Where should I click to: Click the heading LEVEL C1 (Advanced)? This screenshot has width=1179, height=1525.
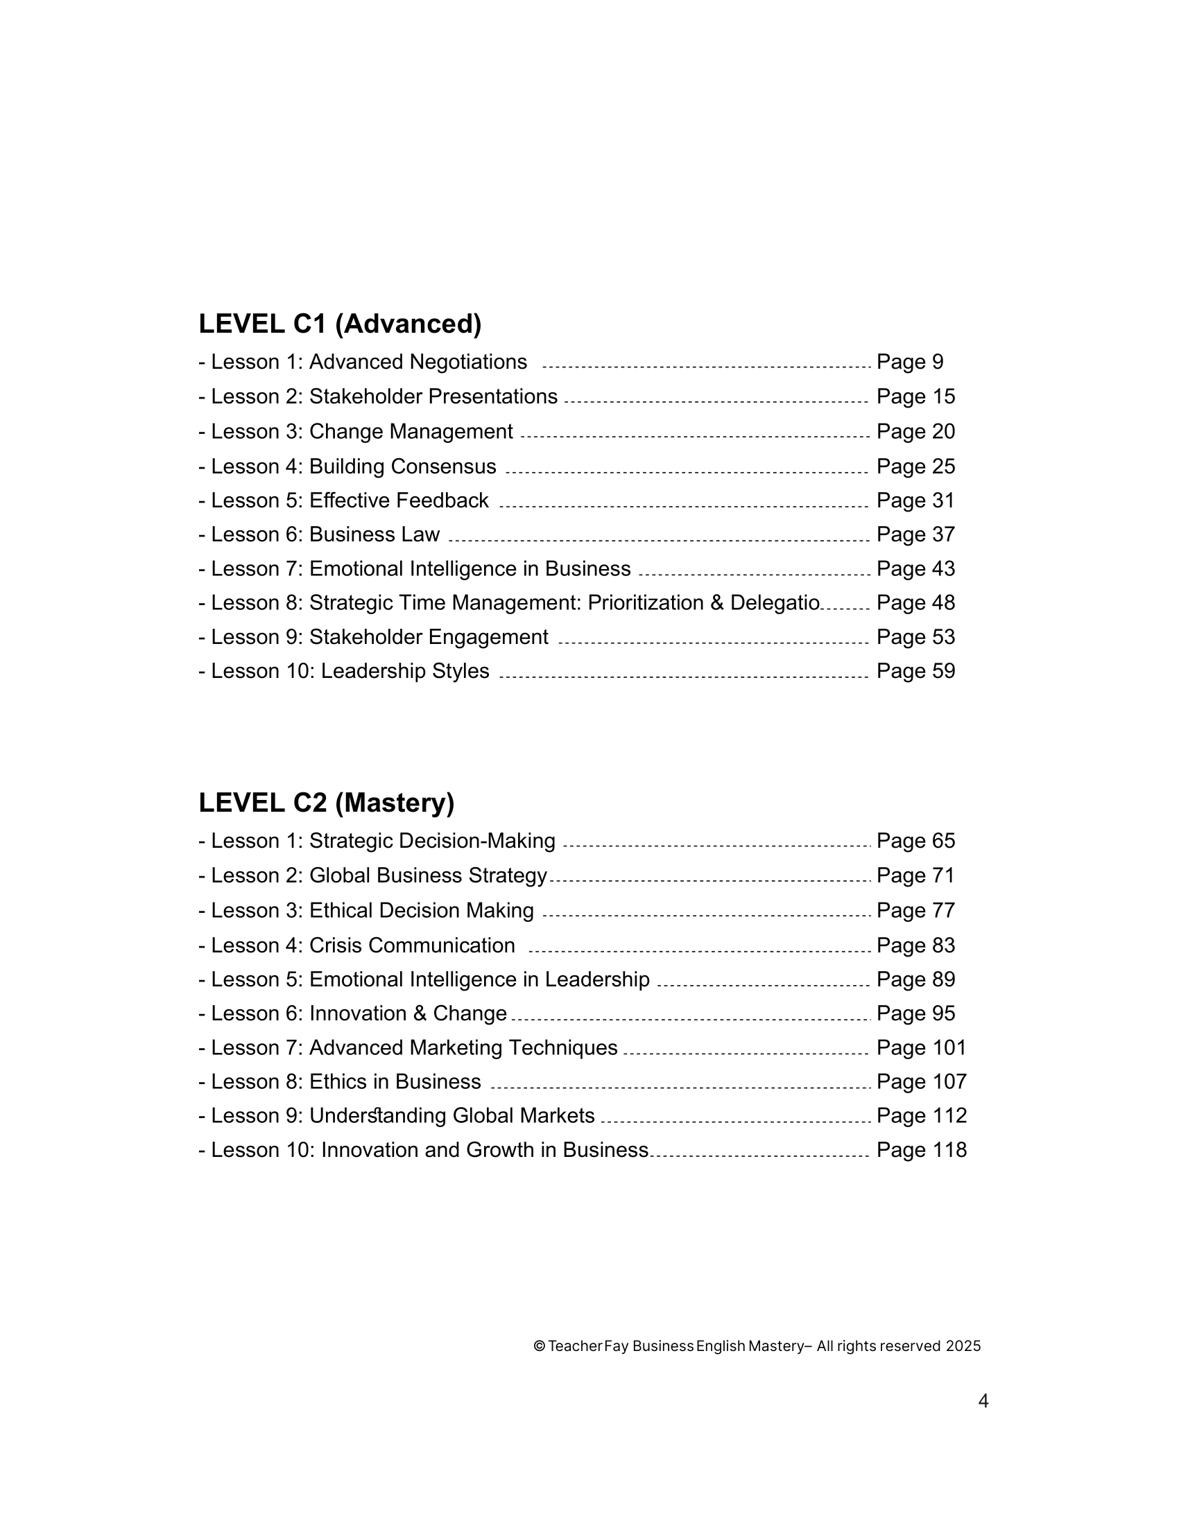pyautogui.click(x=340, y=324)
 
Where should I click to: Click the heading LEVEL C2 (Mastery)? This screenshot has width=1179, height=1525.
pyautogui.click(x=326, y=803)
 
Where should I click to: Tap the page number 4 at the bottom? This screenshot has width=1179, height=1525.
pyautogui.click(x=983, y=1402)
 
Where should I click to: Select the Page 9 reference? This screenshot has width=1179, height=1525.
pyautogui.click(x=909, y=362)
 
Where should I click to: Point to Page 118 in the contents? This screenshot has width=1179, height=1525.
pyautogui.click(x=921, y=1150)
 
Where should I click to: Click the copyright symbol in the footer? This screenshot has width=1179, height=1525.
pyautogui.click(x=539, y=1346)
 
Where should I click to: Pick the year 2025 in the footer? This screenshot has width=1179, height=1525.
pyautogui.click(x=963, y=1346)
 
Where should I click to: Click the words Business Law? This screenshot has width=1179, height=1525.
pyautogui.click(x=375, y=534)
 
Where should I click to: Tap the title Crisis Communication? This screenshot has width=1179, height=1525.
pyautogui.click(x=412, y=946)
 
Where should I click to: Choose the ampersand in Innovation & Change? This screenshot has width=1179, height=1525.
pyautogui.click(x=419, y=1014)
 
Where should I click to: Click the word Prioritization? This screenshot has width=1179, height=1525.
pyautogui.click(x=646, y=602)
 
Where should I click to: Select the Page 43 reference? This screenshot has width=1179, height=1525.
pyautogui.click(x=915, y=569)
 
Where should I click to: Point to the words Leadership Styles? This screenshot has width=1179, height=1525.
pyautogui.click(x=405, y=671)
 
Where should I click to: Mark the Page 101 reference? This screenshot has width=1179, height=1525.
pyautogui.click(x=921, y=1048)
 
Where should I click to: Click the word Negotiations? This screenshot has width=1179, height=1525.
pyautogui.click(x=468, y=362)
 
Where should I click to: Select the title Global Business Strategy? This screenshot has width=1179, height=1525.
pyautogui.click(x=428, y=875)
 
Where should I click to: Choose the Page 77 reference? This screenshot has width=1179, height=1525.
pyautogui.click(x=915, y=911)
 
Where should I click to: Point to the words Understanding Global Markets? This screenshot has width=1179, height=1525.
pyautogui.click(x=452, y=1116)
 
